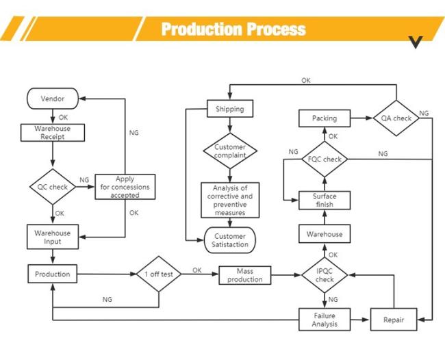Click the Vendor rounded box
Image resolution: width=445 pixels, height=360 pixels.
(53, 99)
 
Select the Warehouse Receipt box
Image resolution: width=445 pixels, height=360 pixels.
(53, 133)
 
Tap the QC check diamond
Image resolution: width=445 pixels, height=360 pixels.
(53, 187)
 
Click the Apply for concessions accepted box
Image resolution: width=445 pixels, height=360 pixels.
(125, 187)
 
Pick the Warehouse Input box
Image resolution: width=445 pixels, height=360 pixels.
(53, 237)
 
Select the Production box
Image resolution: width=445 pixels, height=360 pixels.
(53, 274)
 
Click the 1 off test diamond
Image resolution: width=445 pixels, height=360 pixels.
(159, 274)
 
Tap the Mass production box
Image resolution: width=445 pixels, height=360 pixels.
(244, 275)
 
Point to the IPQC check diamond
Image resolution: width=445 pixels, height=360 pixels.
(325, 275)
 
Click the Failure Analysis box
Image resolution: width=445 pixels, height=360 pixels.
(325, 320)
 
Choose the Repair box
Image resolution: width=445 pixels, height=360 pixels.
(394, 320)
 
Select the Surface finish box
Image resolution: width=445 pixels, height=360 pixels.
(325, 201)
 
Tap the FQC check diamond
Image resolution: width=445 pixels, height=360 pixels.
(325, 159)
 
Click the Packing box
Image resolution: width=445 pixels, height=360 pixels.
(325, 118)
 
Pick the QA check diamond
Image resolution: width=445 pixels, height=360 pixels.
(396, 118)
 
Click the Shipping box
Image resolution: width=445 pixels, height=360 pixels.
(230, 108)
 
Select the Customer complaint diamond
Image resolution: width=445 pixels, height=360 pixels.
(230, 151)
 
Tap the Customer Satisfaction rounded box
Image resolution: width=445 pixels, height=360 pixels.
(230, 240)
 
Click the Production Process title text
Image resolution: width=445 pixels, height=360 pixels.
(233, 29)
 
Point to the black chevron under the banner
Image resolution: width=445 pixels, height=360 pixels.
(416, 42)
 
